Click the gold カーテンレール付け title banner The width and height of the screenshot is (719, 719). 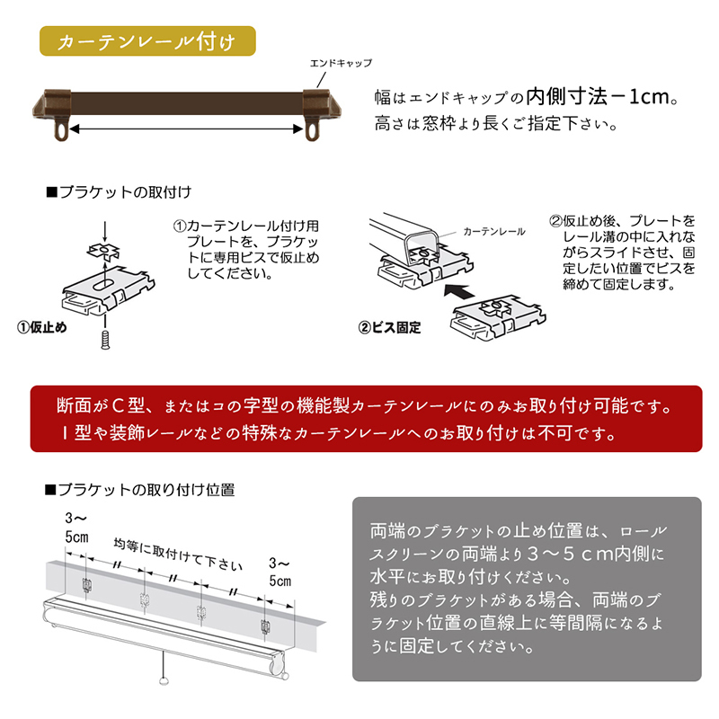point(147,41)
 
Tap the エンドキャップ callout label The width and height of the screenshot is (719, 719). point(341,63)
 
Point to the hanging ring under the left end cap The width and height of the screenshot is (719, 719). point(61,130)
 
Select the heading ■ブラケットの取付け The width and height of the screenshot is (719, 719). point(119,191)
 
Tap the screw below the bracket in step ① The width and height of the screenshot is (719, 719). point(105,341)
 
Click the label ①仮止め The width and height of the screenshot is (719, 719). point(41,327)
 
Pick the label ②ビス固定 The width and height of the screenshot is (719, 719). point(389,327)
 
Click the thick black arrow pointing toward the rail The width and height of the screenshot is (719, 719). point(459,291)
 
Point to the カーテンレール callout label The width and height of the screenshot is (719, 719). point(493,232)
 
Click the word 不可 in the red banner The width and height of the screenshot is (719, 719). point(555,432)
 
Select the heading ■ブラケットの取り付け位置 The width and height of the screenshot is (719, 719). point(140,489)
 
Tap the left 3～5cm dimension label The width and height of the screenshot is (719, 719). point(76,528)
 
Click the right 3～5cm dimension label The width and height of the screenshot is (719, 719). point(280,572)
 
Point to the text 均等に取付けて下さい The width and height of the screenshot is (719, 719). point(178,555)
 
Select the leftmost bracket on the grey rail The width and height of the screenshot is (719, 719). point(86,585)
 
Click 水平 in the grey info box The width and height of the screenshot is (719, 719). point(387,577)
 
